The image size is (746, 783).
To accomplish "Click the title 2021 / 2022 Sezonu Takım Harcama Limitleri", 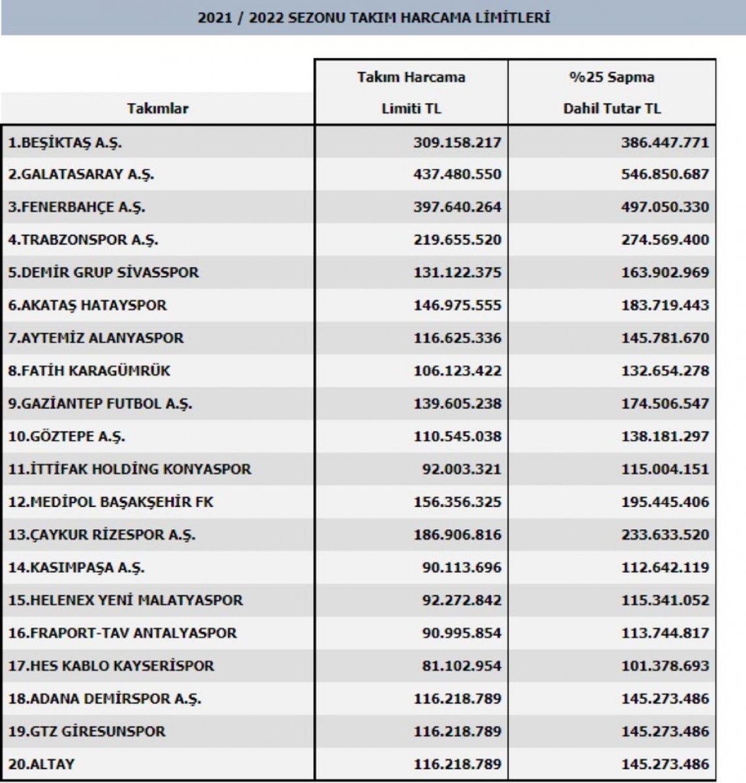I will (x=373, y=18).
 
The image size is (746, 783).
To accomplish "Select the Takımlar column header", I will (x=158, y=108).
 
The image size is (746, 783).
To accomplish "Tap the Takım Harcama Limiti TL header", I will (x=411, y=93).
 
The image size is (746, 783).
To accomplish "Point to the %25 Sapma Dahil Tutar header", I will (x=612, y=93).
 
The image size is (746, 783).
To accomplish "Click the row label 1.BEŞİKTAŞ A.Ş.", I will (x=65, y=142).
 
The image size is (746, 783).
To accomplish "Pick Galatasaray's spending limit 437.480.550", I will (x=457, y=175).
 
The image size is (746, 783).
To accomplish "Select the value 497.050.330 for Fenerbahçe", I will (x=664, y=207).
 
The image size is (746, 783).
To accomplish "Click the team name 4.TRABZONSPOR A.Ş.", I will (x=83, y=240).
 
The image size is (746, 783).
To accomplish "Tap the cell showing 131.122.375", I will (x=457, y=273).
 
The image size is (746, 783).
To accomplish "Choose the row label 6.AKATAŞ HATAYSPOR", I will (x=87, y=305).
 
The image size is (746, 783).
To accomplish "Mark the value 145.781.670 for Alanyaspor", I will (x=664, y=338).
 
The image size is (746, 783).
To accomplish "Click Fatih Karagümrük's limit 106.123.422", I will (x=457, y=371).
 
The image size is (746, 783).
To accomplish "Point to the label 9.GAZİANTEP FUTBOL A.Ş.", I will (x=100, y=404).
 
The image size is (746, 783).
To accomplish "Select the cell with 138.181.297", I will (x=664, y=437).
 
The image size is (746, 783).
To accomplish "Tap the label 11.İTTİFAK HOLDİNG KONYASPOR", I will (x=129, y=469).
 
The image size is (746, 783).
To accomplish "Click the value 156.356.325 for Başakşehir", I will (x=457, y=502).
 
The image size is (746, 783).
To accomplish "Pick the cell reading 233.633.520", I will (x=664, y=534).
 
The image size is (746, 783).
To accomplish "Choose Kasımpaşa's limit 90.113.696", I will (x=461, y=568).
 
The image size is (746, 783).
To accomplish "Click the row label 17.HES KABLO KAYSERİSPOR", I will (x=111, y=666).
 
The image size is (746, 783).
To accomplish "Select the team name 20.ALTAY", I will (x=41, y=764).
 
